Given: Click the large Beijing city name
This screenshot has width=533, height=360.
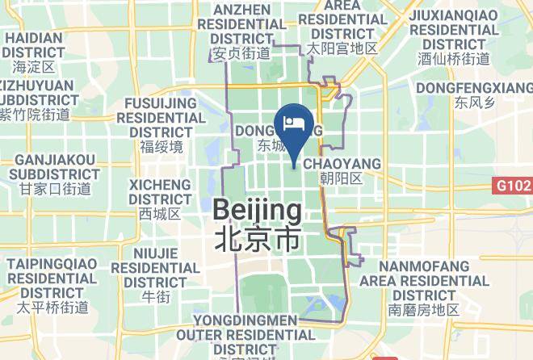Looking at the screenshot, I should pos(257,211).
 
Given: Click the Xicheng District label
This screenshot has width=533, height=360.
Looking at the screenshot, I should pos(160,191).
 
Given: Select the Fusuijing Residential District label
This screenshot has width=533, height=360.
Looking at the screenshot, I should pos(162,117).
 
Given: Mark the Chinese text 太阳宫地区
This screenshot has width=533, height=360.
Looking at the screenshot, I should pos(342,48).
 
